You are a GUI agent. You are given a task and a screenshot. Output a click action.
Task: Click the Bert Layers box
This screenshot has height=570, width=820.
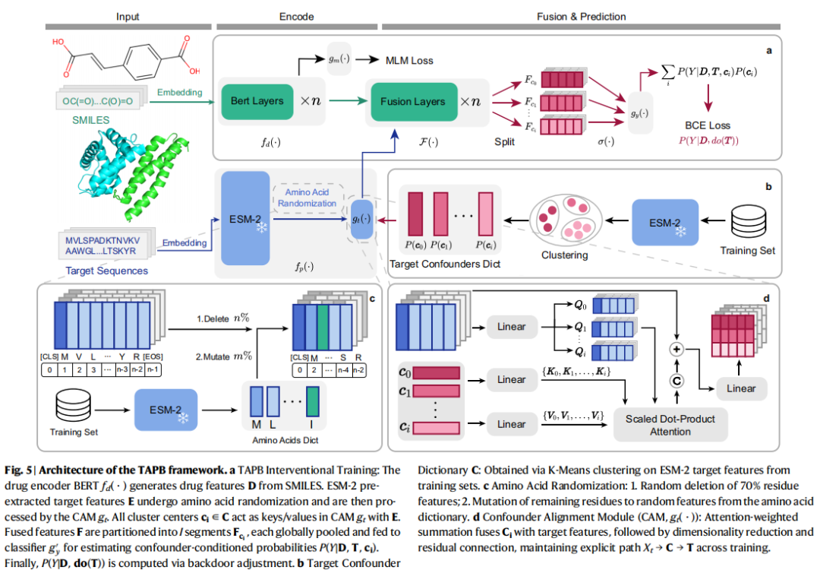click(256, 101)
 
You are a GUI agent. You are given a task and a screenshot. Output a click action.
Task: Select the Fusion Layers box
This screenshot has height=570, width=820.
click(413, 101)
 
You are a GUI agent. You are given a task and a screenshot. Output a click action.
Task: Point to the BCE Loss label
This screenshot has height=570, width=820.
click(707, 125)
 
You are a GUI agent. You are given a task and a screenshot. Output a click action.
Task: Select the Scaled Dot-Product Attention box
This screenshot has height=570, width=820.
click(670, 425)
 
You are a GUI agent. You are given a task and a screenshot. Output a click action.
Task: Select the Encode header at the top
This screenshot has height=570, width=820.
click(295, 16)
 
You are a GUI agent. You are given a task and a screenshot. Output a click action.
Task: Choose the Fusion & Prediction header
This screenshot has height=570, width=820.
click(581, 16)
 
